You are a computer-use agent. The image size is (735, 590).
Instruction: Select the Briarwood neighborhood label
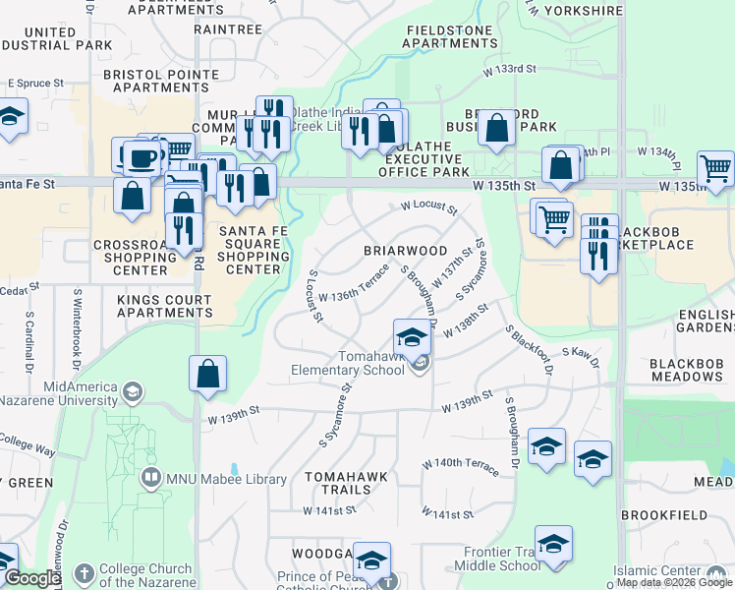click(406, 251)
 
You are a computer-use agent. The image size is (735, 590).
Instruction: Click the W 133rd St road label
click(509, 69)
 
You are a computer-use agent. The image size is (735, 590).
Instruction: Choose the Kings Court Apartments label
click(165, 306)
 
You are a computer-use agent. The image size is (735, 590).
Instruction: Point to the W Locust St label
click(428, 208)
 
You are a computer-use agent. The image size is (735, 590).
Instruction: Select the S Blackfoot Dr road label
click(530, 350)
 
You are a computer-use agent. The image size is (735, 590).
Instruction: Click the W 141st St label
click(447, 513)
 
